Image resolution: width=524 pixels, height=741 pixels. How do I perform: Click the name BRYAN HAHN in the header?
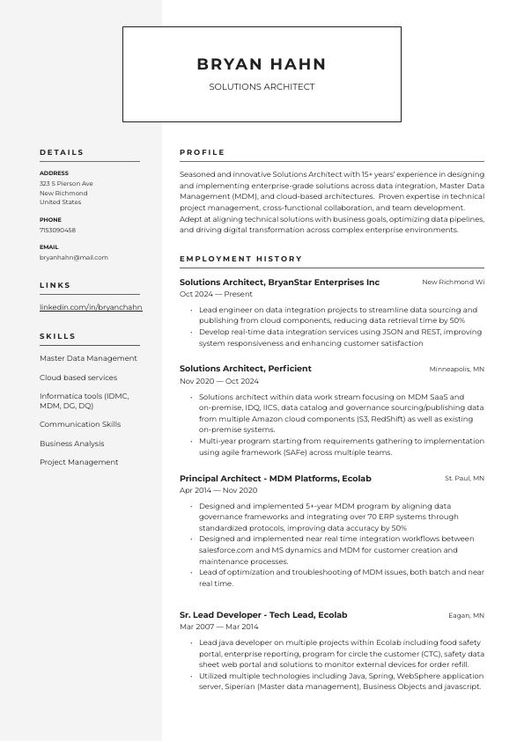[x=262, y=64]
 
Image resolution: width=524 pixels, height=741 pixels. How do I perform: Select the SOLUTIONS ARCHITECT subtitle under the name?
[x=262, y=87]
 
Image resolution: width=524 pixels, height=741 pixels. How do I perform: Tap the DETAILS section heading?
[x=62, y=152]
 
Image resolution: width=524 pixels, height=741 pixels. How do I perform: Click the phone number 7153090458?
[x=57, y=230]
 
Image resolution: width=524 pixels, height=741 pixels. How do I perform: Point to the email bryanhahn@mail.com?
[x=74, y=258]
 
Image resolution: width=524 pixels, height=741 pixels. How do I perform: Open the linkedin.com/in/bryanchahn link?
[x=91, y=307]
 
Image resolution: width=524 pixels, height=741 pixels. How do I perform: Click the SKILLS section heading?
[x=58, y=336]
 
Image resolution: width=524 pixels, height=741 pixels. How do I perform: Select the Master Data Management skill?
[x=88, y=358]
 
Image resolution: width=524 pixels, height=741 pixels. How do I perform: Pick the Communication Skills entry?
[x=80, y=424]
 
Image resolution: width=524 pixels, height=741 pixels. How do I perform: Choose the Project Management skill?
[x=78, y=462]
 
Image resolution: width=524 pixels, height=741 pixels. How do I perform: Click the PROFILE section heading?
[x=203, y=152]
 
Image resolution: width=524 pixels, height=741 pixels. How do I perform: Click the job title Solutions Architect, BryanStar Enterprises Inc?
[x=279, y=282]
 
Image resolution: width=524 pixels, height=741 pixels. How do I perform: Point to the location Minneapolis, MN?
[x=456, y=370]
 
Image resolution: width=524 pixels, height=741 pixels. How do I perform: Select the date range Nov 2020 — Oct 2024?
[x=219, y=381]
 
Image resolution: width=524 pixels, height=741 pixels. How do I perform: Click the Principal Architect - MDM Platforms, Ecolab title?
[x=275, y=479]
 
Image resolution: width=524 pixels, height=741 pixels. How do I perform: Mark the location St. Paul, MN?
[x=464, y=479]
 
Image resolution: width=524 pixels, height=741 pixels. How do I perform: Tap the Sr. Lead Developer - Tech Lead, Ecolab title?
[x=263, y=615]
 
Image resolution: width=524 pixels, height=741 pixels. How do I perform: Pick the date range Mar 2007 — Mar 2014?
[x=219, y=627]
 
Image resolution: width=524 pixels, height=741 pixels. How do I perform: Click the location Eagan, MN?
[x=466, y=616]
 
